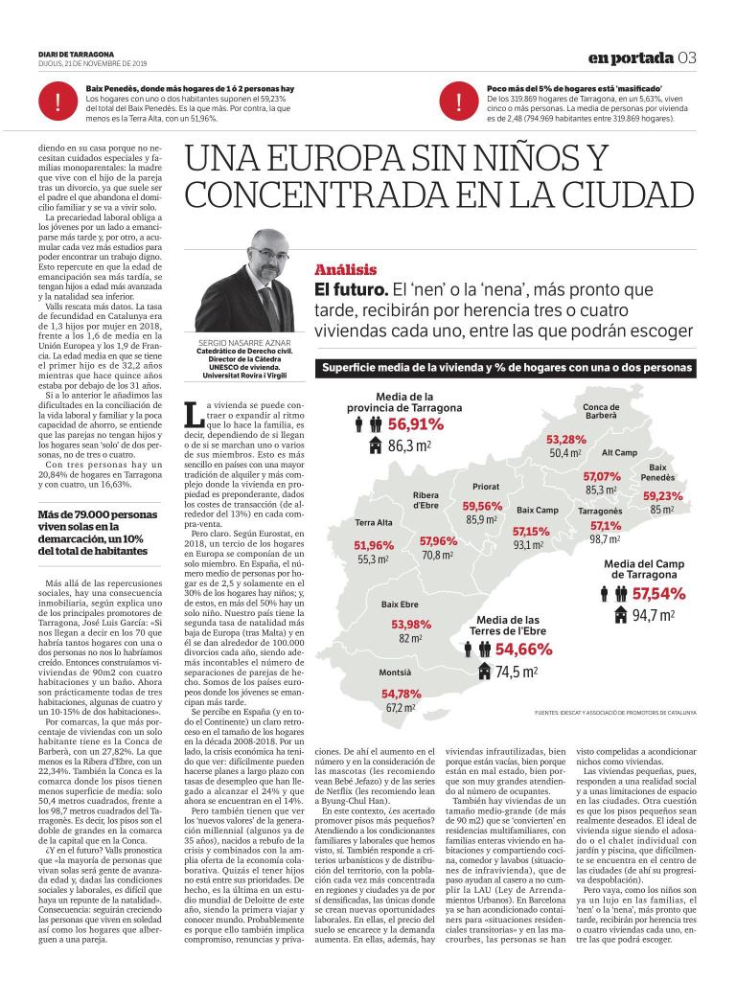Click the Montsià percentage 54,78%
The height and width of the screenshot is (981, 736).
(x=402, y=694)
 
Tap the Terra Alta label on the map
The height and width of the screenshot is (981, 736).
(x=374, y=523)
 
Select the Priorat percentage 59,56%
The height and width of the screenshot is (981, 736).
(x=482, y=506)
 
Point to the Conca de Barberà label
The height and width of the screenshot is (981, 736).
(x=601, y=411)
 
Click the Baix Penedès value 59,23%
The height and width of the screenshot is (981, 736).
(x=663, y=496)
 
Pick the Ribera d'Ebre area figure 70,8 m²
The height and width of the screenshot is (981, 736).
(x=437, y=555)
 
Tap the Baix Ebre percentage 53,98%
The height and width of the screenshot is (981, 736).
(x=411, y=625)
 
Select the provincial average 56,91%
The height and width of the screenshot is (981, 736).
(x=416, y=424)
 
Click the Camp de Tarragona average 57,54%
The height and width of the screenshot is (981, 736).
(x=657, y=593)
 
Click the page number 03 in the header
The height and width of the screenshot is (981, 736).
(x=687, y=57)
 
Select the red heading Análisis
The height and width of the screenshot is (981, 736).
(x=346, y=270)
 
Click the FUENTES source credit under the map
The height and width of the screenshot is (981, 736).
(x=616, y=713)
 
